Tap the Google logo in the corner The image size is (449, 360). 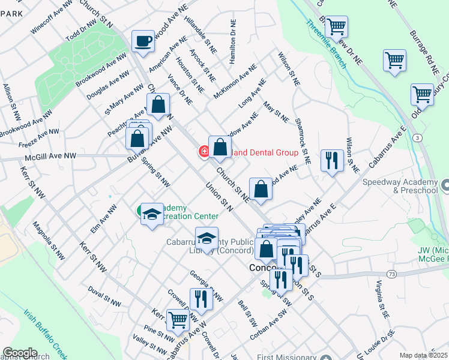pos(20,353)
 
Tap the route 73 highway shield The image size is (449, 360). pos(391,274)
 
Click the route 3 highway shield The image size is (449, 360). pos(418,137)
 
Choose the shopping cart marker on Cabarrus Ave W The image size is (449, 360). pos(178,320)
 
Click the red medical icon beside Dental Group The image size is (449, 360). pos(205,152)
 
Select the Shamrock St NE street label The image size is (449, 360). pos(303,141)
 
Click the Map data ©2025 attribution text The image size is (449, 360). pos(423,355)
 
